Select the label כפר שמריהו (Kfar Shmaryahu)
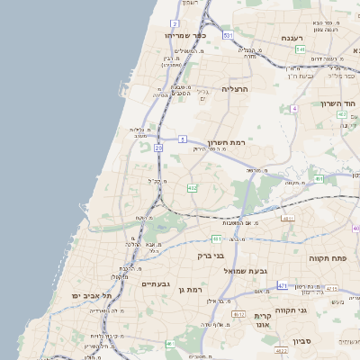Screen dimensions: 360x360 click(x=186, y=34)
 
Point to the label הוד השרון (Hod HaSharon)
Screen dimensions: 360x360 click(x=339, y=103)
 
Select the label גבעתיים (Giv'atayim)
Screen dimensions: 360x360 click(x=157, y=284)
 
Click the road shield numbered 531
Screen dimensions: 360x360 click(x=228, y=35)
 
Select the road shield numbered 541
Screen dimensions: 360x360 click(x=301, y=49)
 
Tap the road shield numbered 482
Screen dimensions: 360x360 click(x=191, y=188)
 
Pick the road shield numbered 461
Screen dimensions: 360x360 click(x=217, y=238)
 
